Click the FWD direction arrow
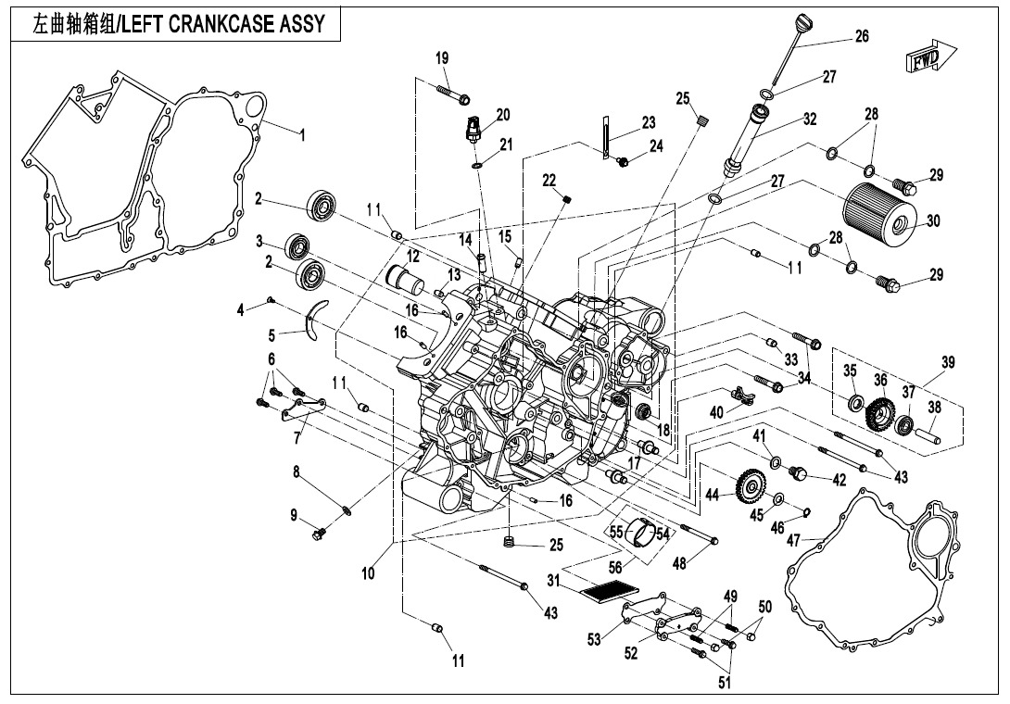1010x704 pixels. (925, 58)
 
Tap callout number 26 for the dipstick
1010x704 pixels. (862, 37)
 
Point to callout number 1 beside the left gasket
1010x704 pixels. (302, 133)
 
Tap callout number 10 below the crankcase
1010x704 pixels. (369, 573)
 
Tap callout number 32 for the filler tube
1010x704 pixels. (810, 119)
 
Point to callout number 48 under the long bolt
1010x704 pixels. (679, 562)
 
